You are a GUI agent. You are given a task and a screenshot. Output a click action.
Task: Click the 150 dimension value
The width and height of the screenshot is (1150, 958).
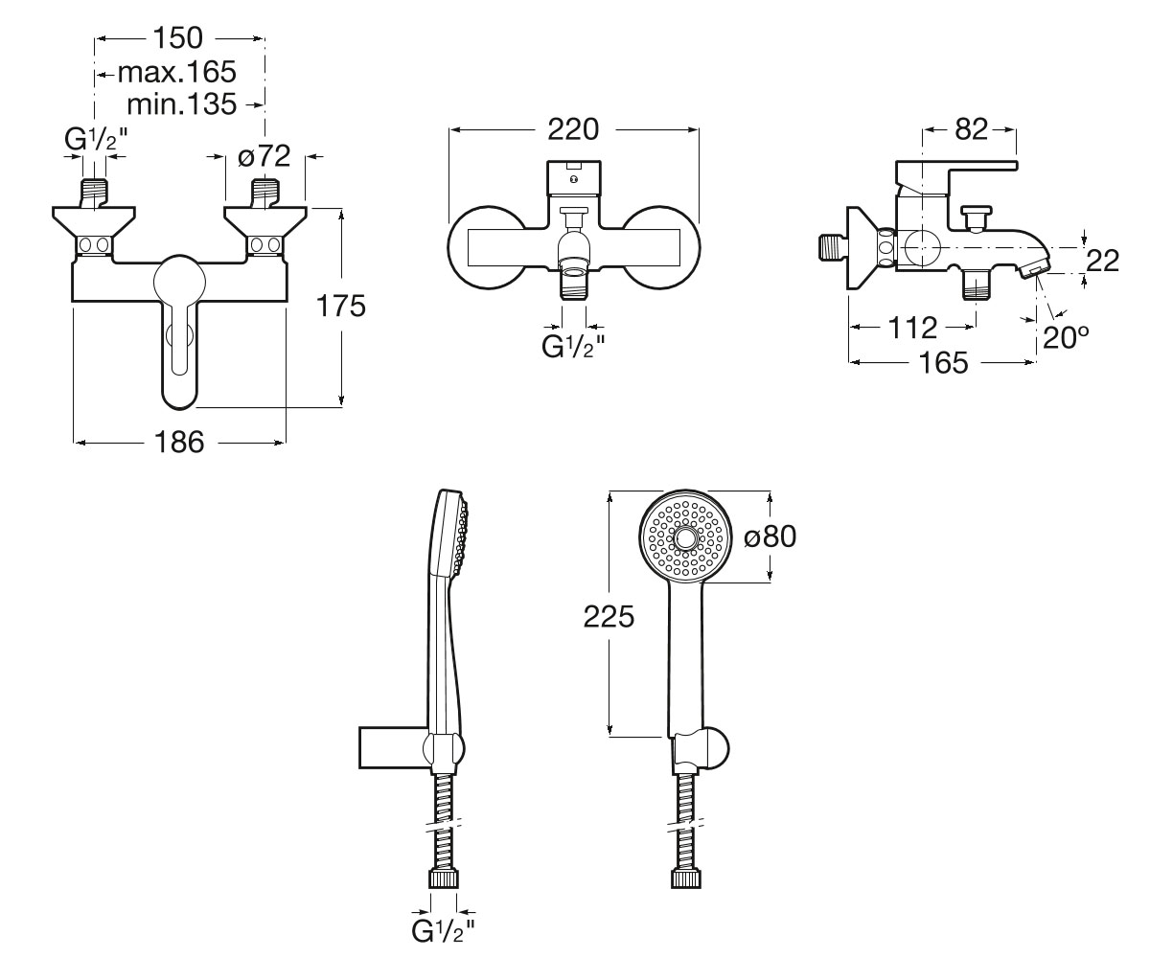pos(177,38)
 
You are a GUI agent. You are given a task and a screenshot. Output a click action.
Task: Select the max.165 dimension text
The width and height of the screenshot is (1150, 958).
pos(176,72)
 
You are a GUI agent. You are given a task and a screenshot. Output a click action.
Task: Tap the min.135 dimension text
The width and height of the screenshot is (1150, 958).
pos(182,104)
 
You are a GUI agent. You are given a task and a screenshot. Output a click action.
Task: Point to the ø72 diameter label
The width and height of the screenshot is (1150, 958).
pos(264,156)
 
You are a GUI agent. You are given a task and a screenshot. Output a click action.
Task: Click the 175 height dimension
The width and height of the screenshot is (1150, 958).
pos(341,307)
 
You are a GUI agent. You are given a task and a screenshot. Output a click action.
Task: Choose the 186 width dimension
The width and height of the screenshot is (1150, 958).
pos(179,442)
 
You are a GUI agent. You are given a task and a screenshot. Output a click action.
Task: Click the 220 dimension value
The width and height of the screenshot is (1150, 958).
pos(573,130)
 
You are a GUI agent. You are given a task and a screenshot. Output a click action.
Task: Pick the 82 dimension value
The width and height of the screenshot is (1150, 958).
pos(971,129)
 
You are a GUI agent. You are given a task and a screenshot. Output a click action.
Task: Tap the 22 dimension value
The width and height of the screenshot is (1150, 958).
pos(1103,261)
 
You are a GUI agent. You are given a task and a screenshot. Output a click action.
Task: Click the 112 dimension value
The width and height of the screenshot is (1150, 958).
pos(912,328)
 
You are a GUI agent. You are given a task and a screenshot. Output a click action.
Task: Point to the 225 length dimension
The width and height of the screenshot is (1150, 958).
pos(609,617)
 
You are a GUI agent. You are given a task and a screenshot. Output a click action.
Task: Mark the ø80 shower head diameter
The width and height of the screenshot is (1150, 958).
pos(770,536)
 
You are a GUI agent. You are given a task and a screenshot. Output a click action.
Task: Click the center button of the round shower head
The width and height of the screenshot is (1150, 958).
pos(686,537)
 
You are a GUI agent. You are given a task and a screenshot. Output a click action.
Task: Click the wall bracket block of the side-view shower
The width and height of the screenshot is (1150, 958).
pos(394,747)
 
